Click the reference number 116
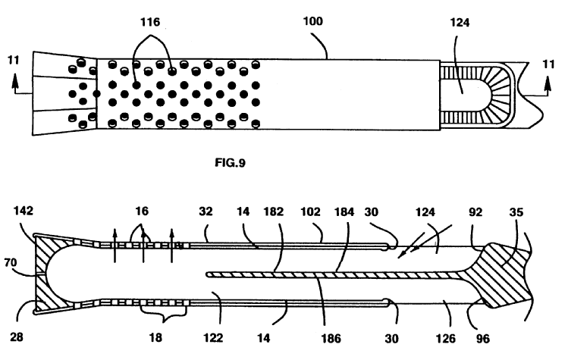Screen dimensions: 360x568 (x=149, y=23)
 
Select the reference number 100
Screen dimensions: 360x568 (x=312, y=22)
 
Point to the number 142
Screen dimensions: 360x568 (x=21, y=211)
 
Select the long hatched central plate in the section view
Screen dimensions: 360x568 (x=334, y=273)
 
